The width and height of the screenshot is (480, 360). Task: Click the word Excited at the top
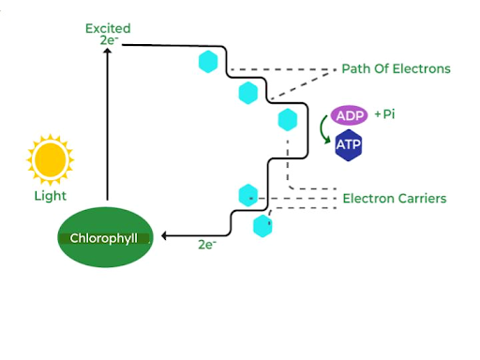click(x=108, y=28)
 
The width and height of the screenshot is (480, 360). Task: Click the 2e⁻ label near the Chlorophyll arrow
click(x=206, y=245)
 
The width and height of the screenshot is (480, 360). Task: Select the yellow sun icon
click(x=50, y=160)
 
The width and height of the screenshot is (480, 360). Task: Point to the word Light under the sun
click(x=50, y=197)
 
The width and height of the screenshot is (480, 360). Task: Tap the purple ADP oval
click(x=351, y=115)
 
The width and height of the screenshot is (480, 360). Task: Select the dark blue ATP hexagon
click(x=350, y=145)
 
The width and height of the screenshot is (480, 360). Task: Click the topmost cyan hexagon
click(x=208, y=63)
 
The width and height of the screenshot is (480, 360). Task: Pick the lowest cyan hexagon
click(x=263, y=226)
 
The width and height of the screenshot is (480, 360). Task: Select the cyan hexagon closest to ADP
click(x=288, y=119)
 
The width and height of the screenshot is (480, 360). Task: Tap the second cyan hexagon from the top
click(x=247, y=92)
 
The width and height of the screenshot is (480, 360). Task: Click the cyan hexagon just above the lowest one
click(x=247, y=195)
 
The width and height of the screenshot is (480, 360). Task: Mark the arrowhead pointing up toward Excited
click(x=108, y=54)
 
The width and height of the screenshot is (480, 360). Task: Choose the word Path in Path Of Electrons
click(x=354, y=69)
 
